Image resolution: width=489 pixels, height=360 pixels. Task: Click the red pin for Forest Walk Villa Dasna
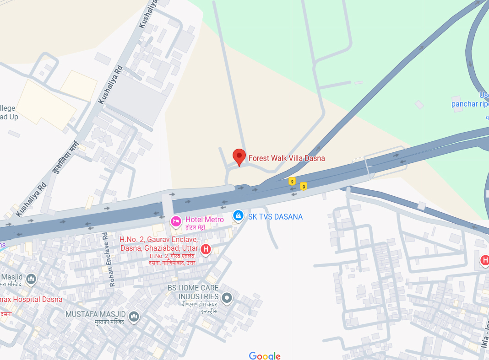[x=239, y=156]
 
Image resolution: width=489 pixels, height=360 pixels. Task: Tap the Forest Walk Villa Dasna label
[x=287, y=158]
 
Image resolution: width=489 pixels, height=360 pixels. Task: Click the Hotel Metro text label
[x=205, y=220]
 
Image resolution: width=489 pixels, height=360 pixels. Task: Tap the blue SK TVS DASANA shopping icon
[x=238, y=215]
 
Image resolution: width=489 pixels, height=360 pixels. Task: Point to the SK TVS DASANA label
[x=275, y=217]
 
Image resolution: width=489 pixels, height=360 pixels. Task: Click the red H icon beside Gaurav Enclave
[x=206, y=249]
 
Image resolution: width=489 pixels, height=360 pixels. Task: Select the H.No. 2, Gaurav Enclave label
[x=158, y=244]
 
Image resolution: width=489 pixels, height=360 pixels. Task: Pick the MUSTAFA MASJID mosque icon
[x=134, y=317]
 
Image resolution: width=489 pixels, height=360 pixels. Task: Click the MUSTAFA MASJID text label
[x=95, y=314]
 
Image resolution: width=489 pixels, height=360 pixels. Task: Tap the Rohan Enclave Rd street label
[x=108, y=259]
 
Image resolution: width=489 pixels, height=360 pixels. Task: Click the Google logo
[x=265, y=356]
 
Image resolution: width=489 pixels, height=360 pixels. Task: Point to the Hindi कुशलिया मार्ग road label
[x=66, y=157]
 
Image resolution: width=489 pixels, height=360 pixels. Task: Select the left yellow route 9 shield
[x=292, y=182]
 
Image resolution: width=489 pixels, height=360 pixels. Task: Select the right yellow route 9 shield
[x=303, y=186]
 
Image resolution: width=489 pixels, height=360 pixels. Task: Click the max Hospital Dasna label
[x=31, y=299]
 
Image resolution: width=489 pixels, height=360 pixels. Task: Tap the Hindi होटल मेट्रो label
[x=198, y=227]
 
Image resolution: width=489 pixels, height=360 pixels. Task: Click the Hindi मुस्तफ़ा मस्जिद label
[x=109, y=322]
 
